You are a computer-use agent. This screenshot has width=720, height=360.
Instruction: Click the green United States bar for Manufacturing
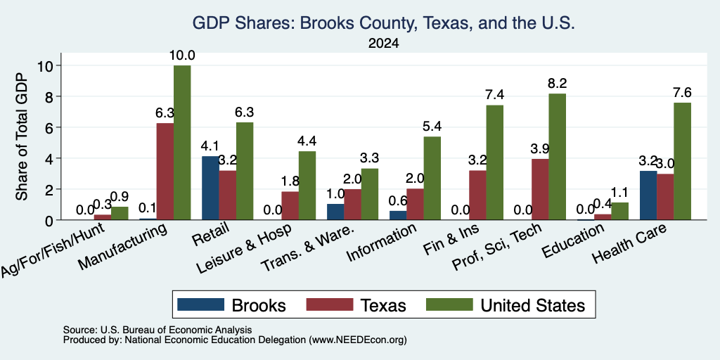182,142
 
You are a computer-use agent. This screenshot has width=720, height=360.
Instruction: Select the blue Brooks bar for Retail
210,188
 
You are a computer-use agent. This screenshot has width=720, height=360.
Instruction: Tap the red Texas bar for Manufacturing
165,172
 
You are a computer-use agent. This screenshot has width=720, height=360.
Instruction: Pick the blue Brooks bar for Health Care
648,195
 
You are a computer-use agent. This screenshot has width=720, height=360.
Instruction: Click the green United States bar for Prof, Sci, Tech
557,157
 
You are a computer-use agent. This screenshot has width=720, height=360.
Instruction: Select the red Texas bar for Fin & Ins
477,195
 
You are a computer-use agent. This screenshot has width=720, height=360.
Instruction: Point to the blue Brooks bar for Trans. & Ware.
335,212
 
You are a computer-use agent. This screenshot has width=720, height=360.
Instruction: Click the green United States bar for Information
432,178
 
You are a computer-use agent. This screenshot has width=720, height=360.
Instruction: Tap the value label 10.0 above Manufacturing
182,56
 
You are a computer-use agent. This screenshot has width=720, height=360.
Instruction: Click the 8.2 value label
557,84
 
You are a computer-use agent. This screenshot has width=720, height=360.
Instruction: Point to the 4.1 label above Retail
210,146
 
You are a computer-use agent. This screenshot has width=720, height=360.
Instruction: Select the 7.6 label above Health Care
682,93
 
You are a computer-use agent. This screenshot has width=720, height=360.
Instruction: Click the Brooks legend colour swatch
200,304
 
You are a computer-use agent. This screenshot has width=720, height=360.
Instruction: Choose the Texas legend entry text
383,305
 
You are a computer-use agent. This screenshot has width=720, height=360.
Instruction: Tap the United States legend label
533,305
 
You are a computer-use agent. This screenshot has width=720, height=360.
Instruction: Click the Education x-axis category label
573,242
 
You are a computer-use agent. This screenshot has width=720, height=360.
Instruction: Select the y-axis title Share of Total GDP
22,136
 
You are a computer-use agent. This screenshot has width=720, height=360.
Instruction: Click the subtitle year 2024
383,44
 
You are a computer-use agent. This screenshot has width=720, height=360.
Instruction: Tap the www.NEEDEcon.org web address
358,340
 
